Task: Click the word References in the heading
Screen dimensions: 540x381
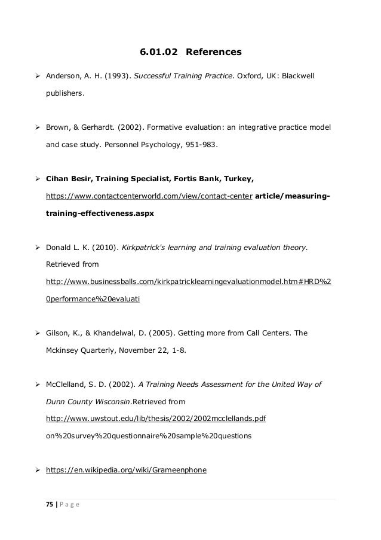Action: [214, 53]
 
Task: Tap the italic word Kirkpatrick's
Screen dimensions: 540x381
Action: [147, 246]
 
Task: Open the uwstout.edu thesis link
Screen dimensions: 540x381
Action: [156, 419]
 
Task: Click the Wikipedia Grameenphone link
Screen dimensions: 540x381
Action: [126, 470]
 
